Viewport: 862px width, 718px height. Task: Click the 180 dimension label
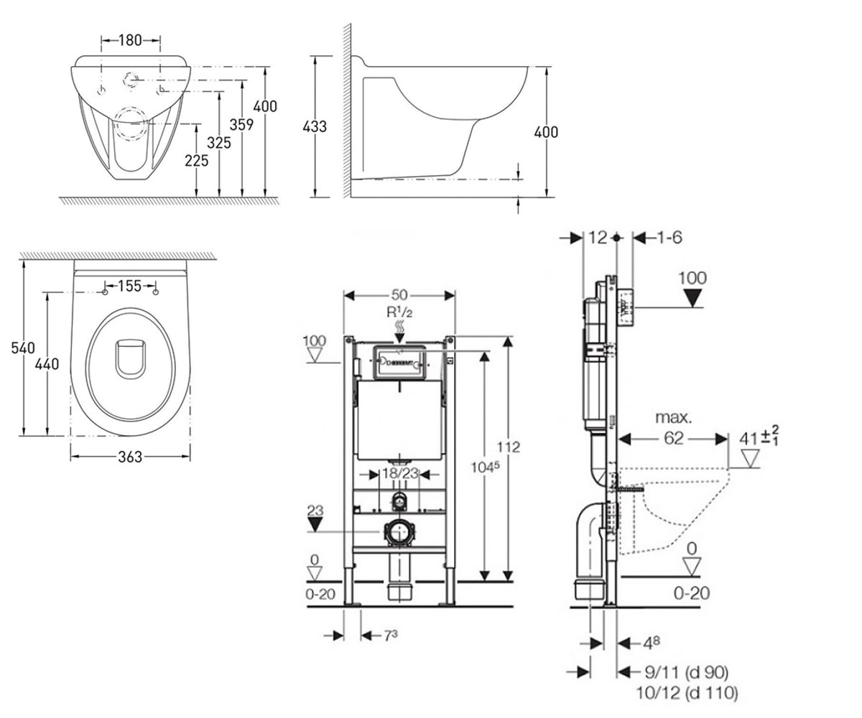pyautogui.click(x=130, y=40)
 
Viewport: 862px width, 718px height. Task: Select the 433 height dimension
pyautogui.click(x=315, y=126)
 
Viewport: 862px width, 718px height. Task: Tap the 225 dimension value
pyautogui.click(x=197, y=161)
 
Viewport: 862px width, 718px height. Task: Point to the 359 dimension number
pyautogui.click(x=241, y=124)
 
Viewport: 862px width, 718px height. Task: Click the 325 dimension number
pyautogui.click(x=219, y=143)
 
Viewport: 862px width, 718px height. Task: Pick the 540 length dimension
pyautogui.click(x=23, y=348)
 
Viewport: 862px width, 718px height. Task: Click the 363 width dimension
pyautogui.click(x=130, y=457)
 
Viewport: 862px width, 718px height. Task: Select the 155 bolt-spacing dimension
pyautogui.click(x=129, y=286)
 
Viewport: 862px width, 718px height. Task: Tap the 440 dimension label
pyautogui.click(x=47, y=364)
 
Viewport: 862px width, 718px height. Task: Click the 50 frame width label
pyautogui.click(x=399, y=294)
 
